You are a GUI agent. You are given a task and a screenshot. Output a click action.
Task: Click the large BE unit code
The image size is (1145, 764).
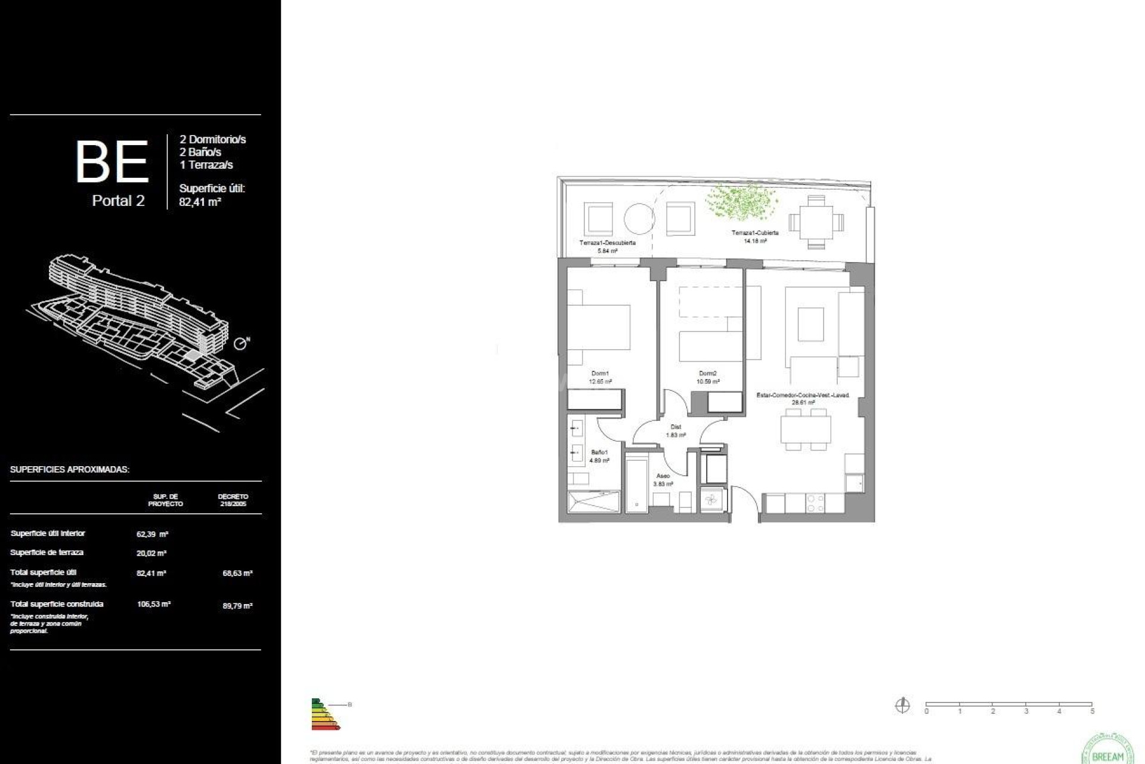tap(112, 162)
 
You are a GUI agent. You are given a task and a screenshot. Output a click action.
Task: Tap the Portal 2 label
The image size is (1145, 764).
tap(118, 201)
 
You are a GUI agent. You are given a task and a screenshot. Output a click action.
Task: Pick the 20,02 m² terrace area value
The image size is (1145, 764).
tap(151, 553)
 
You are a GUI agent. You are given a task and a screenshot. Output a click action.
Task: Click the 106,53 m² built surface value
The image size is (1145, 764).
tap(154, 604)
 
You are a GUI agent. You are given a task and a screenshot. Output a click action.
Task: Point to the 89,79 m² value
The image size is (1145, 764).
tap(237, 606)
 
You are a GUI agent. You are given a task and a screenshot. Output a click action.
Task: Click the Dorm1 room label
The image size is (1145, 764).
tap(600, 374)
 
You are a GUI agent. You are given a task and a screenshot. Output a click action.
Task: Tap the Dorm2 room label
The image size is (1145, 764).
tap(708, 374)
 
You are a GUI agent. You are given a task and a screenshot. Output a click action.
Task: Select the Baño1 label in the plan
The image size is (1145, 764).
tap(599, 452)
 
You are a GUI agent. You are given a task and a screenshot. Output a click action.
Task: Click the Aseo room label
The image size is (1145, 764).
tap(663, 476)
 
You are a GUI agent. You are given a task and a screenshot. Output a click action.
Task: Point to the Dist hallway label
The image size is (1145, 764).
tap(676, 427)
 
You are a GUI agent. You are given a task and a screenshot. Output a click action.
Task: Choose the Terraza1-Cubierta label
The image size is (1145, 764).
tap(755, 233)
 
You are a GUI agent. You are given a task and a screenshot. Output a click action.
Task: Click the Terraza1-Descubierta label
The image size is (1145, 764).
tap(607, 243)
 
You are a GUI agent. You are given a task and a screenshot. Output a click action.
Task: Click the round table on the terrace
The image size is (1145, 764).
tap(639, 219)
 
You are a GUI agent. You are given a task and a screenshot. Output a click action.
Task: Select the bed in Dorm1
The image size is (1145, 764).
tap(598, 327)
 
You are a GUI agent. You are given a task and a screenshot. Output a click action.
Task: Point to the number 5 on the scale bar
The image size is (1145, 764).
tap(1093, 711)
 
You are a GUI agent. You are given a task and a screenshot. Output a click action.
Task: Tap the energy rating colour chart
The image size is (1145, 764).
tap(324, 714)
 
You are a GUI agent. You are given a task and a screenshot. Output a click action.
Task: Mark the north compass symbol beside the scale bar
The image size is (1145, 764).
tap(902, 706)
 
